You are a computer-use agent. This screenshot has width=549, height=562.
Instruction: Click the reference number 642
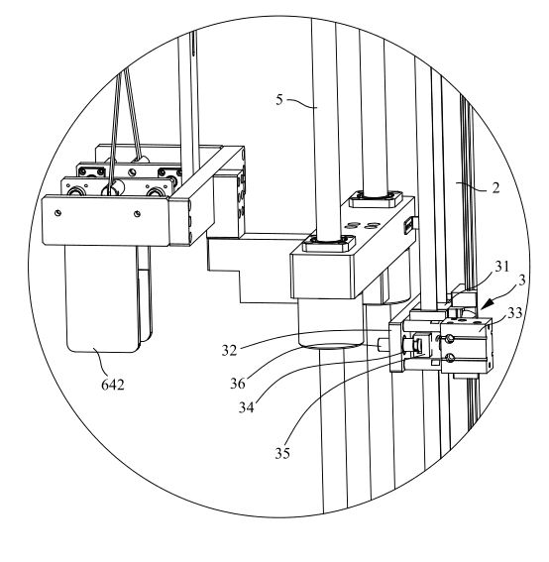(x=113, y=385)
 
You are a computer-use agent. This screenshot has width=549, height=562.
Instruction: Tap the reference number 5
(x=279, y=99)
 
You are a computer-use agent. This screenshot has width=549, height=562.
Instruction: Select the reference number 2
(x=495, y=187)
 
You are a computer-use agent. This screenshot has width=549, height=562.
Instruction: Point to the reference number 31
(x=502, y=266)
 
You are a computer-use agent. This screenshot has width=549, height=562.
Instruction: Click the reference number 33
(x=515, y=313)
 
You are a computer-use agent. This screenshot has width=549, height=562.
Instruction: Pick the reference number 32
(x=229, y=350)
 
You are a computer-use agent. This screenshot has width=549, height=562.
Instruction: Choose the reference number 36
(x=238, y=384)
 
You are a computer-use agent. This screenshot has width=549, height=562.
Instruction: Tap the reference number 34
(x=247, y=407)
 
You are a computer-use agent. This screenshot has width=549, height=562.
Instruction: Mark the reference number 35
(x=282, y=453)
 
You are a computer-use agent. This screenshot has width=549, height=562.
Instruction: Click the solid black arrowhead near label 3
(x=487, y=305)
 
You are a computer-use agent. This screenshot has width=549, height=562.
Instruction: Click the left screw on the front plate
(x=57, y=213)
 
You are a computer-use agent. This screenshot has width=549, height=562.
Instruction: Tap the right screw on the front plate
(x=137, y=214)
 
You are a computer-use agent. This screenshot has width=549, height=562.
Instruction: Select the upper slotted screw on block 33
(x=450, y=338)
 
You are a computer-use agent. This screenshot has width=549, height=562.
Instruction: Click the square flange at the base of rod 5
(x=329, y=243)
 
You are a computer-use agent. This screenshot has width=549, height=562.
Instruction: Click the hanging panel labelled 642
(x=101, y=298)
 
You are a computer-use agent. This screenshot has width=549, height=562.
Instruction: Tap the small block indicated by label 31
(x=464, y=296)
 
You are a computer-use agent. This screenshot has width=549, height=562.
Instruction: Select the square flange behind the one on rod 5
(x=376, y=199)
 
